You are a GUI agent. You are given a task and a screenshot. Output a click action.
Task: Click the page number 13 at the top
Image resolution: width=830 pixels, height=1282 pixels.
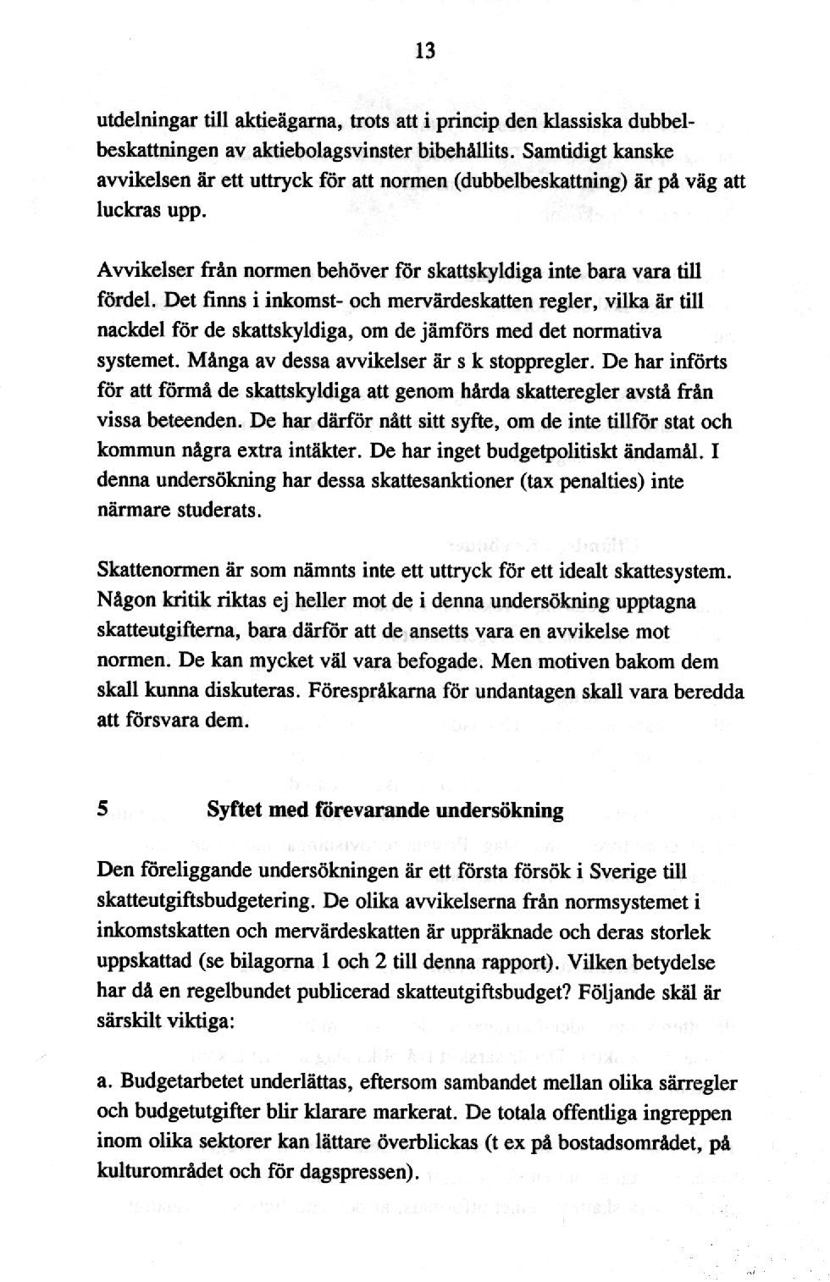click(x=424, y=51)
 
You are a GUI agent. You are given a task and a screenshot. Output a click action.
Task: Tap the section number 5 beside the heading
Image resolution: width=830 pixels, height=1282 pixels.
click(x=102, y=809)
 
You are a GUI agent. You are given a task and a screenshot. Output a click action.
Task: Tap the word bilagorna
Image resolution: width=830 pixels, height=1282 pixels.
click(x=288, y=962)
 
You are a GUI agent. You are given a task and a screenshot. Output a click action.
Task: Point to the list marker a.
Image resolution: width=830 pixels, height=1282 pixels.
click(x=105, y=1081)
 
